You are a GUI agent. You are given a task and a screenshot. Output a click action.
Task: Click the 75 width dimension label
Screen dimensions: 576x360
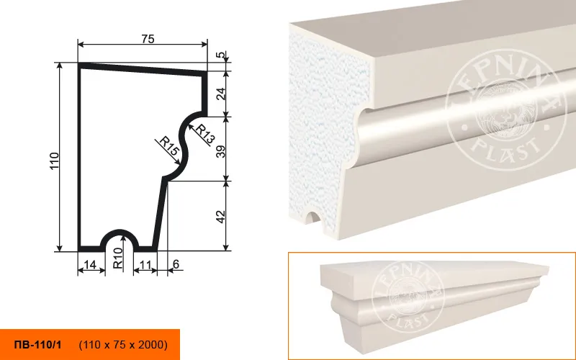(x=148, y=39)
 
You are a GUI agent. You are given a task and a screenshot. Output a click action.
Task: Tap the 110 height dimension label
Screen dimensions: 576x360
(x=54, y=161)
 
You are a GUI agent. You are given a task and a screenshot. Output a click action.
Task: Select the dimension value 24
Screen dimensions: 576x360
(x=220, y=94)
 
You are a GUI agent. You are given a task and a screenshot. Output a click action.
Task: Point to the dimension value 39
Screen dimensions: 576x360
(x=220, y=149)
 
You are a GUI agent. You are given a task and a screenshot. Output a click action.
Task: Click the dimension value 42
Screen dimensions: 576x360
(x=220, y=217)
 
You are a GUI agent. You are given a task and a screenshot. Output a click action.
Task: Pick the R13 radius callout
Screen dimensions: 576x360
(x=204, y=134)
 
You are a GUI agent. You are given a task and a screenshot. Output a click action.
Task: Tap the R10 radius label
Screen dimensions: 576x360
(x=117, y=258)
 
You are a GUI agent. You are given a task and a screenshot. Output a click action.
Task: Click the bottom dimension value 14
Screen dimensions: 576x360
(x=89, y=264)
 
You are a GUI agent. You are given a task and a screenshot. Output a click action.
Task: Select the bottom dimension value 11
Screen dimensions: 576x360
(x=145, y=264)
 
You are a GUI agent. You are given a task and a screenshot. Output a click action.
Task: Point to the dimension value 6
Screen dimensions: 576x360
(x=176, y=264)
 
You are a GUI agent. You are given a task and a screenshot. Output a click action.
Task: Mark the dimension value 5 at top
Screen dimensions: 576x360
(x=220, y=55)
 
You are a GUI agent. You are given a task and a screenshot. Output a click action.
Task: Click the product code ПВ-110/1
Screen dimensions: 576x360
(x=38, y=345)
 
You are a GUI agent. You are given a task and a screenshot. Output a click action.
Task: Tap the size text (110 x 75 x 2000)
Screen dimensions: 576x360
(x=123, y=345)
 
